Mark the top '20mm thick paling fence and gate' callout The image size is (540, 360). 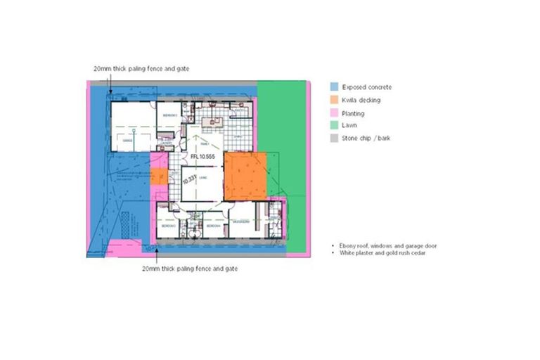point(141,69)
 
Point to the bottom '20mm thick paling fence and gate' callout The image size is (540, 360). point(190,269)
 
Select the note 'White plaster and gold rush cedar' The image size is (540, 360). point(382,253)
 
